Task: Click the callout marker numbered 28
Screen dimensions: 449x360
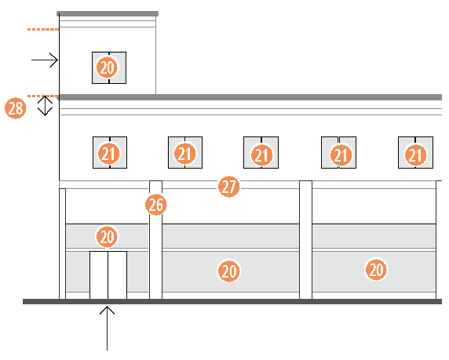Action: pos(16,108)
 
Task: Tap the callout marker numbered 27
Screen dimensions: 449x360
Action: pos(228,187)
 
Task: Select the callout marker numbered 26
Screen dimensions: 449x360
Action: pos(155,205)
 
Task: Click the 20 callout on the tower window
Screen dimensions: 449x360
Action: pos(108,67)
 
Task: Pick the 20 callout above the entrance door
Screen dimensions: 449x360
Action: pos(107,237)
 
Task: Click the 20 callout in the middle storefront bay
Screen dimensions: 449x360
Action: pos(228,271)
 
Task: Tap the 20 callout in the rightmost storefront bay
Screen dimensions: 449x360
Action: pos(376,269)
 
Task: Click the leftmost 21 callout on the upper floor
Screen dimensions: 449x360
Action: pos(109,154)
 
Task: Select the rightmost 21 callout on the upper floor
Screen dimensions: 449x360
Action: pos(415,155)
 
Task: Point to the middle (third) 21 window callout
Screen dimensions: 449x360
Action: pos(261,155)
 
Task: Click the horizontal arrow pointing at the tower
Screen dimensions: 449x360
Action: pos(45,60)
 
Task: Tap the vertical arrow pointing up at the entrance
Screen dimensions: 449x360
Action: pos(107,328)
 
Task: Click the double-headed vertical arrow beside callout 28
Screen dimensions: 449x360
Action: pos(45,106)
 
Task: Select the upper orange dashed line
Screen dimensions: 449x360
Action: pos(43,29)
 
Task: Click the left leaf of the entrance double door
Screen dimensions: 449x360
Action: pos(99,275)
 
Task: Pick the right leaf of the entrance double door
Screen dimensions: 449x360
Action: pos(118,275)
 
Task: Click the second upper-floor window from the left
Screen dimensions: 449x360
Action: pos(185,152)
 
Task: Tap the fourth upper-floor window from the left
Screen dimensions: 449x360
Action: pos(339,152)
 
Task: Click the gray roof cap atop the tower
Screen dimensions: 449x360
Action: pos(108,14)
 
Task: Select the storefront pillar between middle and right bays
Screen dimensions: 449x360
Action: pos(306,240)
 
